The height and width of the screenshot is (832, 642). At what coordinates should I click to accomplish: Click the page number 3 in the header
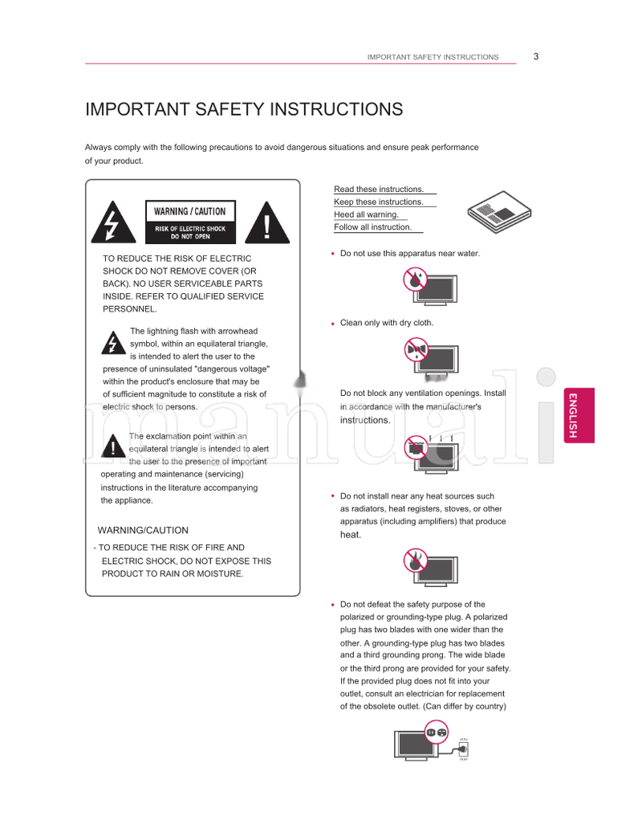[535, 56]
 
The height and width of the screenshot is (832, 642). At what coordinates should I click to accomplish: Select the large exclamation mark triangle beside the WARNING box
[267, 222]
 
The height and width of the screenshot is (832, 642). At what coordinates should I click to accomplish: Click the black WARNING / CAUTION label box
[190, 222]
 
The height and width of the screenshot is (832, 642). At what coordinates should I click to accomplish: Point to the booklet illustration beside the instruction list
[497, 214]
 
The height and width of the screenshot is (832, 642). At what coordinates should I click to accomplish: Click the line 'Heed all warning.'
[366, 214]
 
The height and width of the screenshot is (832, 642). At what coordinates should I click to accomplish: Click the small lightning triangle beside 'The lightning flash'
[112, 343]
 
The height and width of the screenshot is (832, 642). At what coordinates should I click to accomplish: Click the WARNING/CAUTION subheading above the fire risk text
[143, 530]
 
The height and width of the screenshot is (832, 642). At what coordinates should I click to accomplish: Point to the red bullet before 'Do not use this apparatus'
[332, 254]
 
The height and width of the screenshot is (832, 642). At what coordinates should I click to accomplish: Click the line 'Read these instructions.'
[379, 190]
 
